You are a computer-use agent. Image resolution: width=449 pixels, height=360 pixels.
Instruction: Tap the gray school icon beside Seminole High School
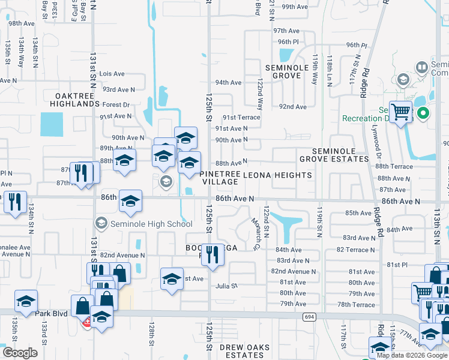tap(101, 223)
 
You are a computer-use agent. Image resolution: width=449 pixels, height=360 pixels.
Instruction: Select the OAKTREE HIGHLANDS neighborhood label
tap(77, 100)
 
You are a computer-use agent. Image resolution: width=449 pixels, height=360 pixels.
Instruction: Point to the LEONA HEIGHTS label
tap(277, 175)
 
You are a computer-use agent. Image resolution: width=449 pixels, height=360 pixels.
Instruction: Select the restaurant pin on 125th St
tap(212, 254)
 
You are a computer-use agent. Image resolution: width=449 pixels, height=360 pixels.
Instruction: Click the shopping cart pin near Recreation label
tap(400, 111)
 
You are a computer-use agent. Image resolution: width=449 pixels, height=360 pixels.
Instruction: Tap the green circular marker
tap(423, 112)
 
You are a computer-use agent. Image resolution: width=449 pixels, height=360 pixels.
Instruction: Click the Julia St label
tap(227, 286)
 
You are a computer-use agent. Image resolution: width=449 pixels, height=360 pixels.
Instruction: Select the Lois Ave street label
tap(112, 74)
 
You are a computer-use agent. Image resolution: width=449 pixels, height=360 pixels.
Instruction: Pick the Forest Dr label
tap(116, 104)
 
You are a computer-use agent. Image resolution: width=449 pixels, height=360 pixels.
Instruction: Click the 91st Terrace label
tap(241, 118)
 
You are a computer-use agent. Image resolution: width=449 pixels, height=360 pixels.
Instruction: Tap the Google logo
tap(20, 353)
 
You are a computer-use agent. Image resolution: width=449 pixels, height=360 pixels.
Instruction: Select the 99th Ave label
tap(294, 7)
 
